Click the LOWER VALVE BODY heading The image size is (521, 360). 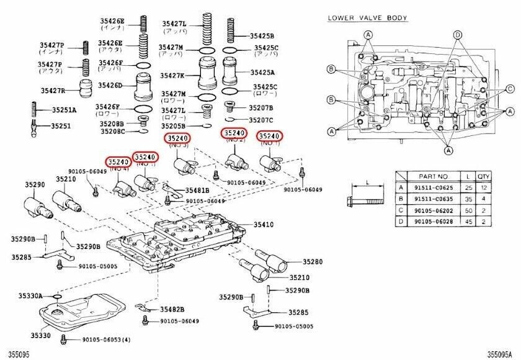[367, 18]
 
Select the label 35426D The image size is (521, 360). [110, 86]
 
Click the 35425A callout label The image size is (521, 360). [262, 73]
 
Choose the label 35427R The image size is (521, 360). [53, 91]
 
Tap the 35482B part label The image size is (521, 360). [171, 309]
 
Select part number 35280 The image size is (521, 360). [314, 262]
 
